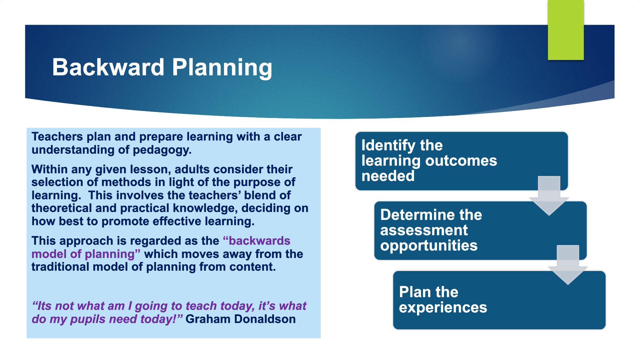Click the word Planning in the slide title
222,68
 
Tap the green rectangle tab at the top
566,30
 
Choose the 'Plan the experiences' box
499,300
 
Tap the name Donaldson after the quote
265,319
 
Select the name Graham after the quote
208,319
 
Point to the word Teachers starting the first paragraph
57,137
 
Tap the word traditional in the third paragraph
60,267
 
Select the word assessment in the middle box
424,230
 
